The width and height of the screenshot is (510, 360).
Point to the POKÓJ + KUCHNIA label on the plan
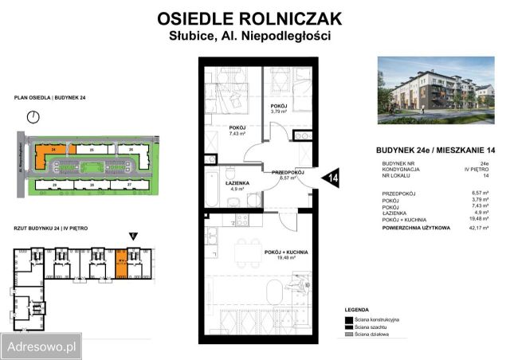click(287, 252)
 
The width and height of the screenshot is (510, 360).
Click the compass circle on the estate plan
click(33, 117)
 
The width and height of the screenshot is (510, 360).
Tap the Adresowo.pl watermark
click(41, 347)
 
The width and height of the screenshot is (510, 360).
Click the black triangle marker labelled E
click(132, 235)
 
